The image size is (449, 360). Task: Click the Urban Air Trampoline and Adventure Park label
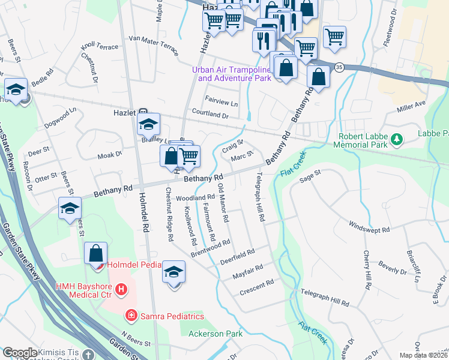click(232, 74)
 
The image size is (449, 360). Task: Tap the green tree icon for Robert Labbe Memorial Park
click(396, 140)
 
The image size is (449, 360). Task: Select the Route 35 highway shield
click(340, 67)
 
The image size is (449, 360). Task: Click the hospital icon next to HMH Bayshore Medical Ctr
click(121, 290)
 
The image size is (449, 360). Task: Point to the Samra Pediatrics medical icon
click(130, 315)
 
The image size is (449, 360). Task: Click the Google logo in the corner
click(20, 352)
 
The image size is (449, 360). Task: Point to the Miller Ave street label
click(411, 106)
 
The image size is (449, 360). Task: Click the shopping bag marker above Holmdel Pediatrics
click(96, 253)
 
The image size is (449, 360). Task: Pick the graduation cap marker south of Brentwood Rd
click(174, 272)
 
